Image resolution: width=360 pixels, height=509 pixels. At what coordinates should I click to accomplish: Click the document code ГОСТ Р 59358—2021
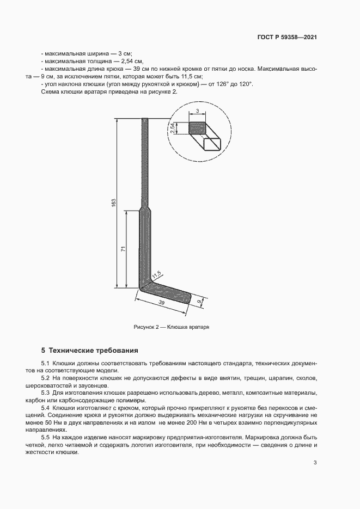click(x=287, y=38)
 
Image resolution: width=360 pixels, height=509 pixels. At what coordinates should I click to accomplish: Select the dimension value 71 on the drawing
click(x=123, y=249)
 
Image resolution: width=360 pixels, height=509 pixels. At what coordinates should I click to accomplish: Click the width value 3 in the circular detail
click(x=197, y=111)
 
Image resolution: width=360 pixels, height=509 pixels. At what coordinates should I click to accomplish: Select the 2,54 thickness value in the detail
click(x=172, y=128)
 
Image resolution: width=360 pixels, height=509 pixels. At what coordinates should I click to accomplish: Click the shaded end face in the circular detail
click(x=197, y=128)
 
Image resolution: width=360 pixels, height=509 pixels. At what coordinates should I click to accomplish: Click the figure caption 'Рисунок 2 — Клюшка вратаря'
click(x=172, y=327)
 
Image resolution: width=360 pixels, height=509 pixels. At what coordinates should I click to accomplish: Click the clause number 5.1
click(x=46, y=363)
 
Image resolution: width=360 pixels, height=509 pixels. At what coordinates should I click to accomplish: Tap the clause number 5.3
click(x=46, y=393)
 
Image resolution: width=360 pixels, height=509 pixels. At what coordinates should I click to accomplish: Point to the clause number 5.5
click(x=46, y=437)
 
